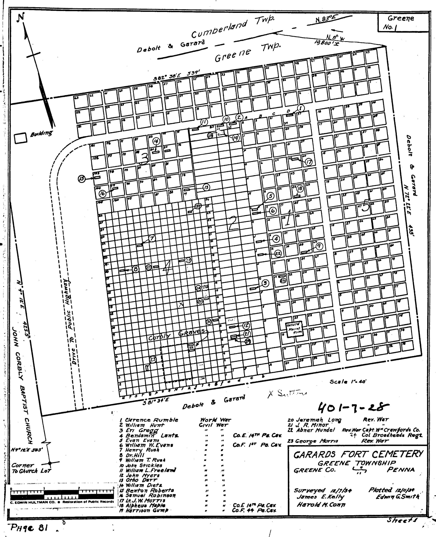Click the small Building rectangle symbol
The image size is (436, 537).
[x=20, y=138]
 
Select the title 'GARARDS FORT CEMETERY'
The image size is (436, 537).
[x=358, y=454]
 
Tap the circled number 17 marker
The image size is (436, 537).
[x=308, y=162]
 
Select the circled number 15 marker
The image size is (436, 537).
[x=81, y=179]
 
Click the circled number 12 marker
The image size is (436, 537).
[x=246, y=326]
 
